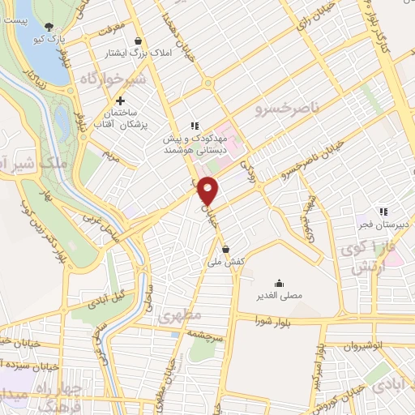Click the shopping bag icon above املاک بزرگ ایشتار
click(138, 41)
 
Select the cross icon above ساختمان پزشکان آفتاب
click(121, 101)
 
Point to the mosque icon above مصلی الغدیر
click(280, 283)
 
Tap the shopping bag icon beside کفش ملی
click(225, 249)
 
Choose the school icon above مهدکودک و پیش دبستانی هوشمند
click(194, 126)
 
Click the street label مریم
click(111, 153)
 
